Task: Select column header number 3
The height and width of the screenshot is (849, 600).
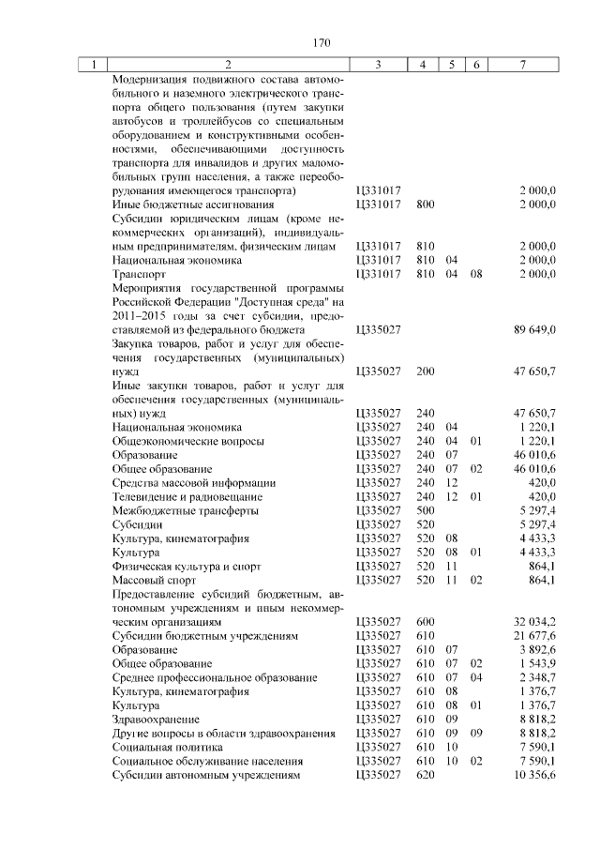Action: click(377, 65)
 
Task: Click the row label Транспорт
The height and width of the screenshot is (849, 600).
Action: click(139, 274)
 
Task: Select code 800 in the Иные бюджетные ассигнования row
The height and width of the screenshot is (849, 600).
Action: click(425, 204)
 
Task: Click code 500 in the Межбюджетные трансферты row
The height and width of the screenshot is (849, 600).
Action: click(425, 510)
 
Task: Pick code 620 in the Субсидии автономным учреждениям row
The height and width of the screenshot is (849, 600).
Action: click(425, 776)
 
